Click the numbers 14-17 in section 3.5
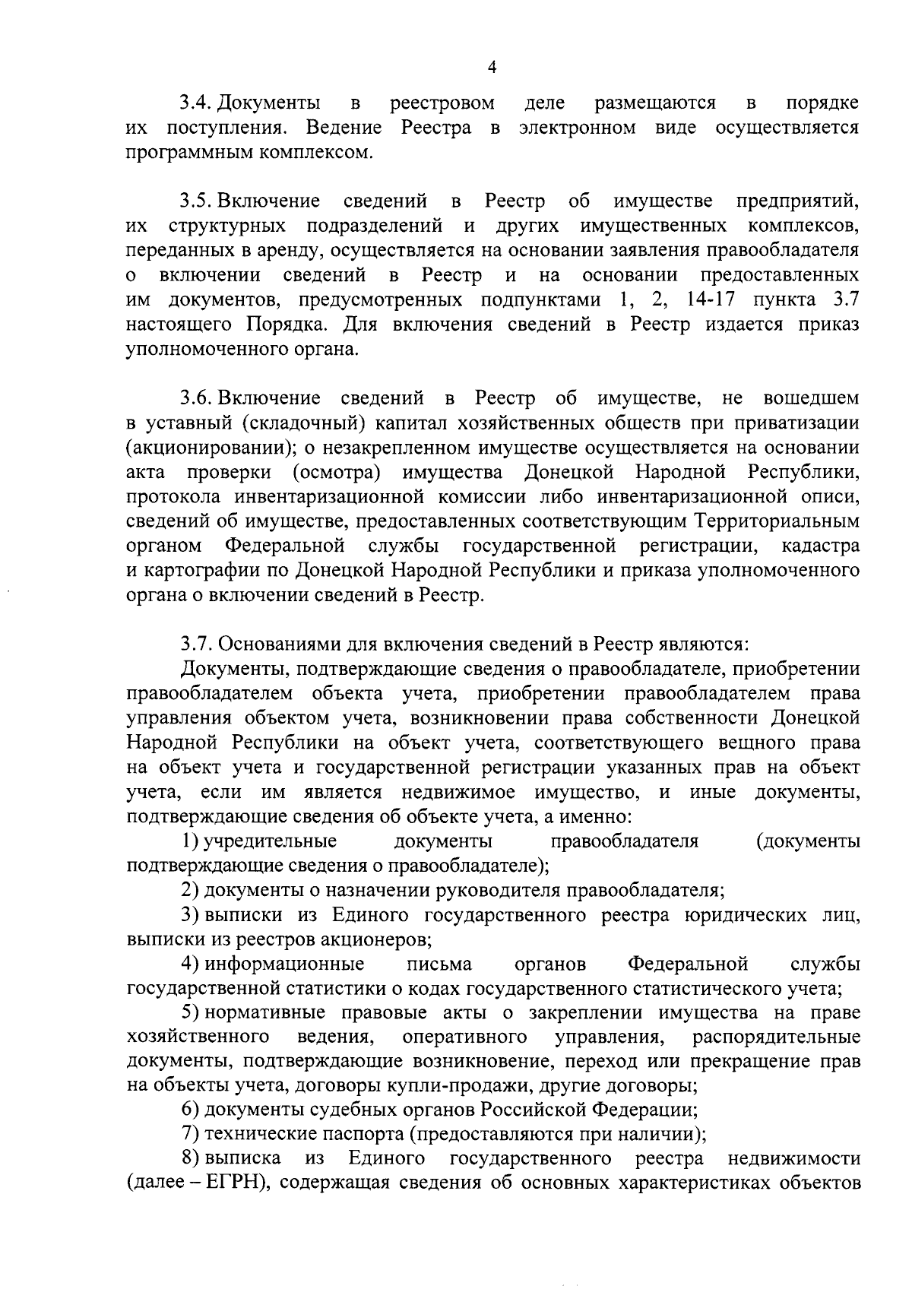pos(714,299)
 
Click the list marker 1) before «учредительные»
pos(189,841)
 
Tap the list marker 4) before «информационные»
pos(190,964)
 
